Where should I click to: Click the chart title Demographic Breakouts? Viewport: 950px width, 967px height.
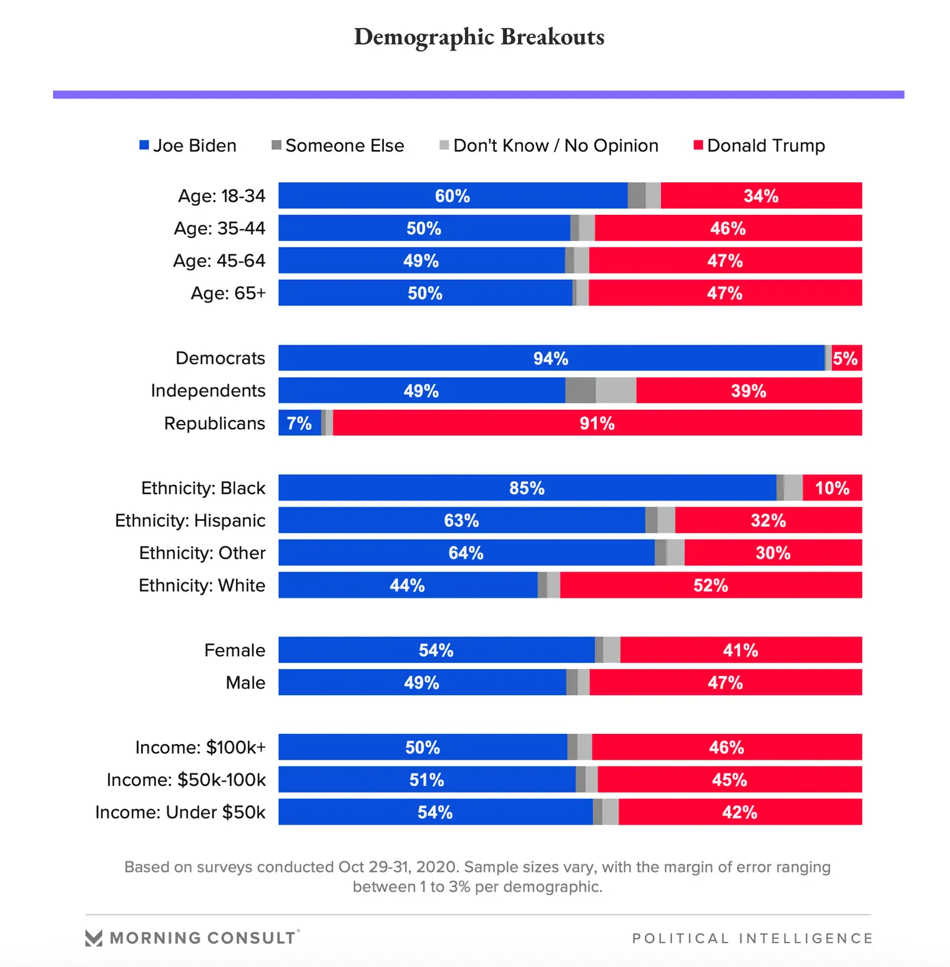479,37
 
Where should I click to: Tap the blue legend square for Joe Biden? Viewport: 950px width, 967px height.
144,145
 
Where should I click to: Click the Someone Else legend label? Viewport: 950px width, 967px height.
345,146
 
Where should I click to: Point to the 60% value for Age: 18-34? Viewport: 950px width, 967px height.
453,196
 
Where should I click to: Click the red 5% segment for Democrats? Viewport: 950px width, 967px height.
846,359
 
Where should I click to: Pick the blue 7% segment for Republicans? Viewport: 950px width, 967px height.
299,424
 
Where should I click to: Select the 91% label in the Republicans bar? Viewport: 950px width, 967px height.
597,424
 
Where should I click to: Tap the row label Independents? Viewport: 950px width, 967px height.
208,391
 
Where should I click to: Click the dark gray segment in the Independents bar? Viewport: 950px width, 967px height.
580,391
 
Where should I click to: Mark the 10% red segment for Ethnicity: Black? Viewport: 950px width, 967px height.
832,488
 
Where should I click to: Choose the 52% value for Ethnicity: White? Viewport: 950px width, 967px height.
710,585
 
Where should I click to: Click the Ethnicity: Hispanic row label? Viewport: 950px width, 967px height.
190,520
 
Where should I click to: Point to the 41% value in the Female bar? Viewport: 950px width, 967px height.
740,650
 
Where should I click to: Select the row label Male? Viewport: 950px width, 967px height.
245,683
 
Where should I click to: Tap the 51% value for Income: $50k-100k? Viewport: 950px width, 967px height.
426,780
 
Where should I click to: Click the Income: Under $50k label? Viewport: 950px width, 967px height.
180,812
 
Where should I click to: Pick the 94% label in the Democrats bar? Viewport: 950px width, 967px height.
551,359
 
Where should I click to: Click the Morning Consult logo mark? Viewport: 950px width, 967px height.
94,938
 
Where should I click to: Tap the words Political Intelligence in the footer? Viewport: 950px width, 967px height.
752,938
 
